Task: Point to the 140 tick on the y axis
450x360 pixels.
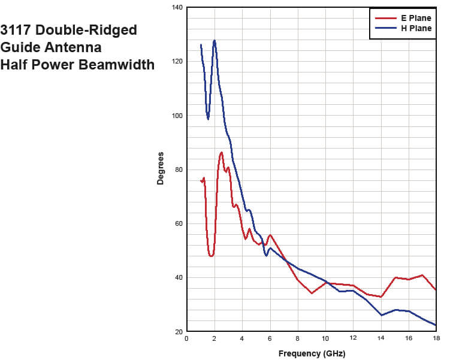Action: click(178, 7)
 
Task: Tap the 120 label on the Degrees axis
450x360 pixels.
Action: click(178, 61)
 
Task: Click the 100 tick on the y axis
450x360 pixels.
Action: click(178, 116)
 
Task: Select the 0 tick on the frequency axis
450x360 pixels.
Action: click(187, 338)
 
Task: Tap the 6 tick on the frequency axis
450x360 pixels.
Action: click(270, 338)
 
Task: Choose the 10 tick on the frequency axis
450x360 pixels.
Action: click(325, 338)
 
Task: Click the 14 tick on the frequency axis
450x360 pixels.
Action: click(380, 338)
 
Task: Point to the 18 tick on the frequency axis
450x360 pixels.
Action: click(436, 338)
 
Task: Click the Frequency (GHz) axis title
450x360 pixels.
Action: click(311, 353)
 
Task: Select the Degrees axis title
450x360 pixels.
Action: click(161, 169)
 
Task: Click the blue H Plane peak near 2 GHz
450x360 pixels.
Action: click(214, 41)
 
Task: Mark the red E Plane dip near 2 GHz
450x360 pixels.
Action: click(211, 256)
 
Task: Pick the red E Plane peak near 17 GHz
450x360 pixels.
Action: click(422, 275)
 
